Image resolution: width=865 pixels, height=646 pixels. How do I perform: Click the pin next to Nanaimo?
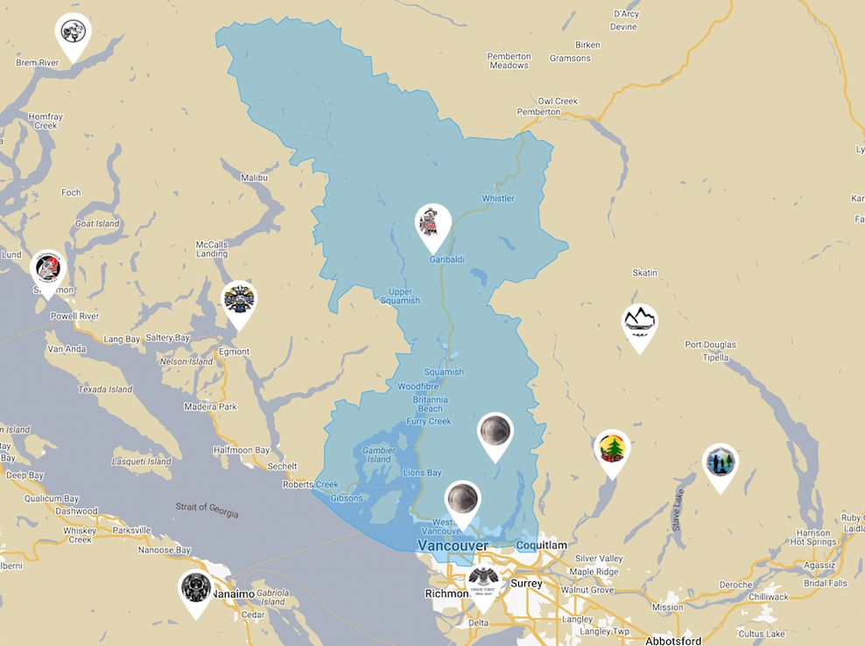point(195,590)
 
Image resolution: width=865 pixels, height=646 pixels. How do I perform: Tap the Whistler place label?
point(497,199)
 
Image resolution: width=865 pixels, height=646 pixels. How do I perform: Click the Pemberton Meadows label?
point(509,60)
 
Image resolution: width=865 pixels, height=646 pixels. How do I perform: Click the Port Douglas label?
point(710,345)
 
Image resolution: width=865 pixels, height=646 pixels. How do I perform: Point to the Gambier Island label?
point(377,454)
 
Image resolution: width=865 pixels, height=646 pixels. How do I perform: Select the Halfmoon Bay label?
point(242,450)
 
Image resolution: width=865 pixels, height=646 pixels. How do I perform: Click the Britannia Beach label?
point(430,404)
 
